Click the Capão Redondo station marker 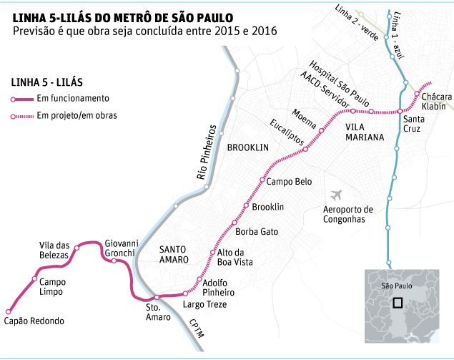[9, 312]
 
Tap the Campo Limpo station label [52, 287]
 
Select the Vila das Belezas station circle [77, 248]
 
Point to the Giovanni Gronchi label [122, 248]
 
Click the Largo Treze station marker [185, 293]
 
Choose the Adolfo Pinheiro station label [218, 288]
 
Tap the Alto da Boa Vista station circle [212, 253]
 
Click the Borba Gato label [257, 232]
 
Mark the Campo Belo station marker [262, 180]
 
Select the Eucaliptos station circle [305, 150]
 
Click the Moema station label [304, 119]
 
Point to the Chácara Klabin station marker [417, 94]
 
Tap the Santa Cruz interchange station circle [400, 112]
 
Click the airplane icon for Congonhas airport [336, 195]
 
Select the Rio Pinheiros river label [207, 152]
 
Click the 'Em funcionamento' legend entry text [73, 98]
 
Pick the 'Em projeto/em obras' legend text [77, 115]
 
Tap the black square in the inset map [398, 303]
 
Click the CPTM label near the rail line [197, 329]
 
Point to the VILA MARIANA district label [365, 132]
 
